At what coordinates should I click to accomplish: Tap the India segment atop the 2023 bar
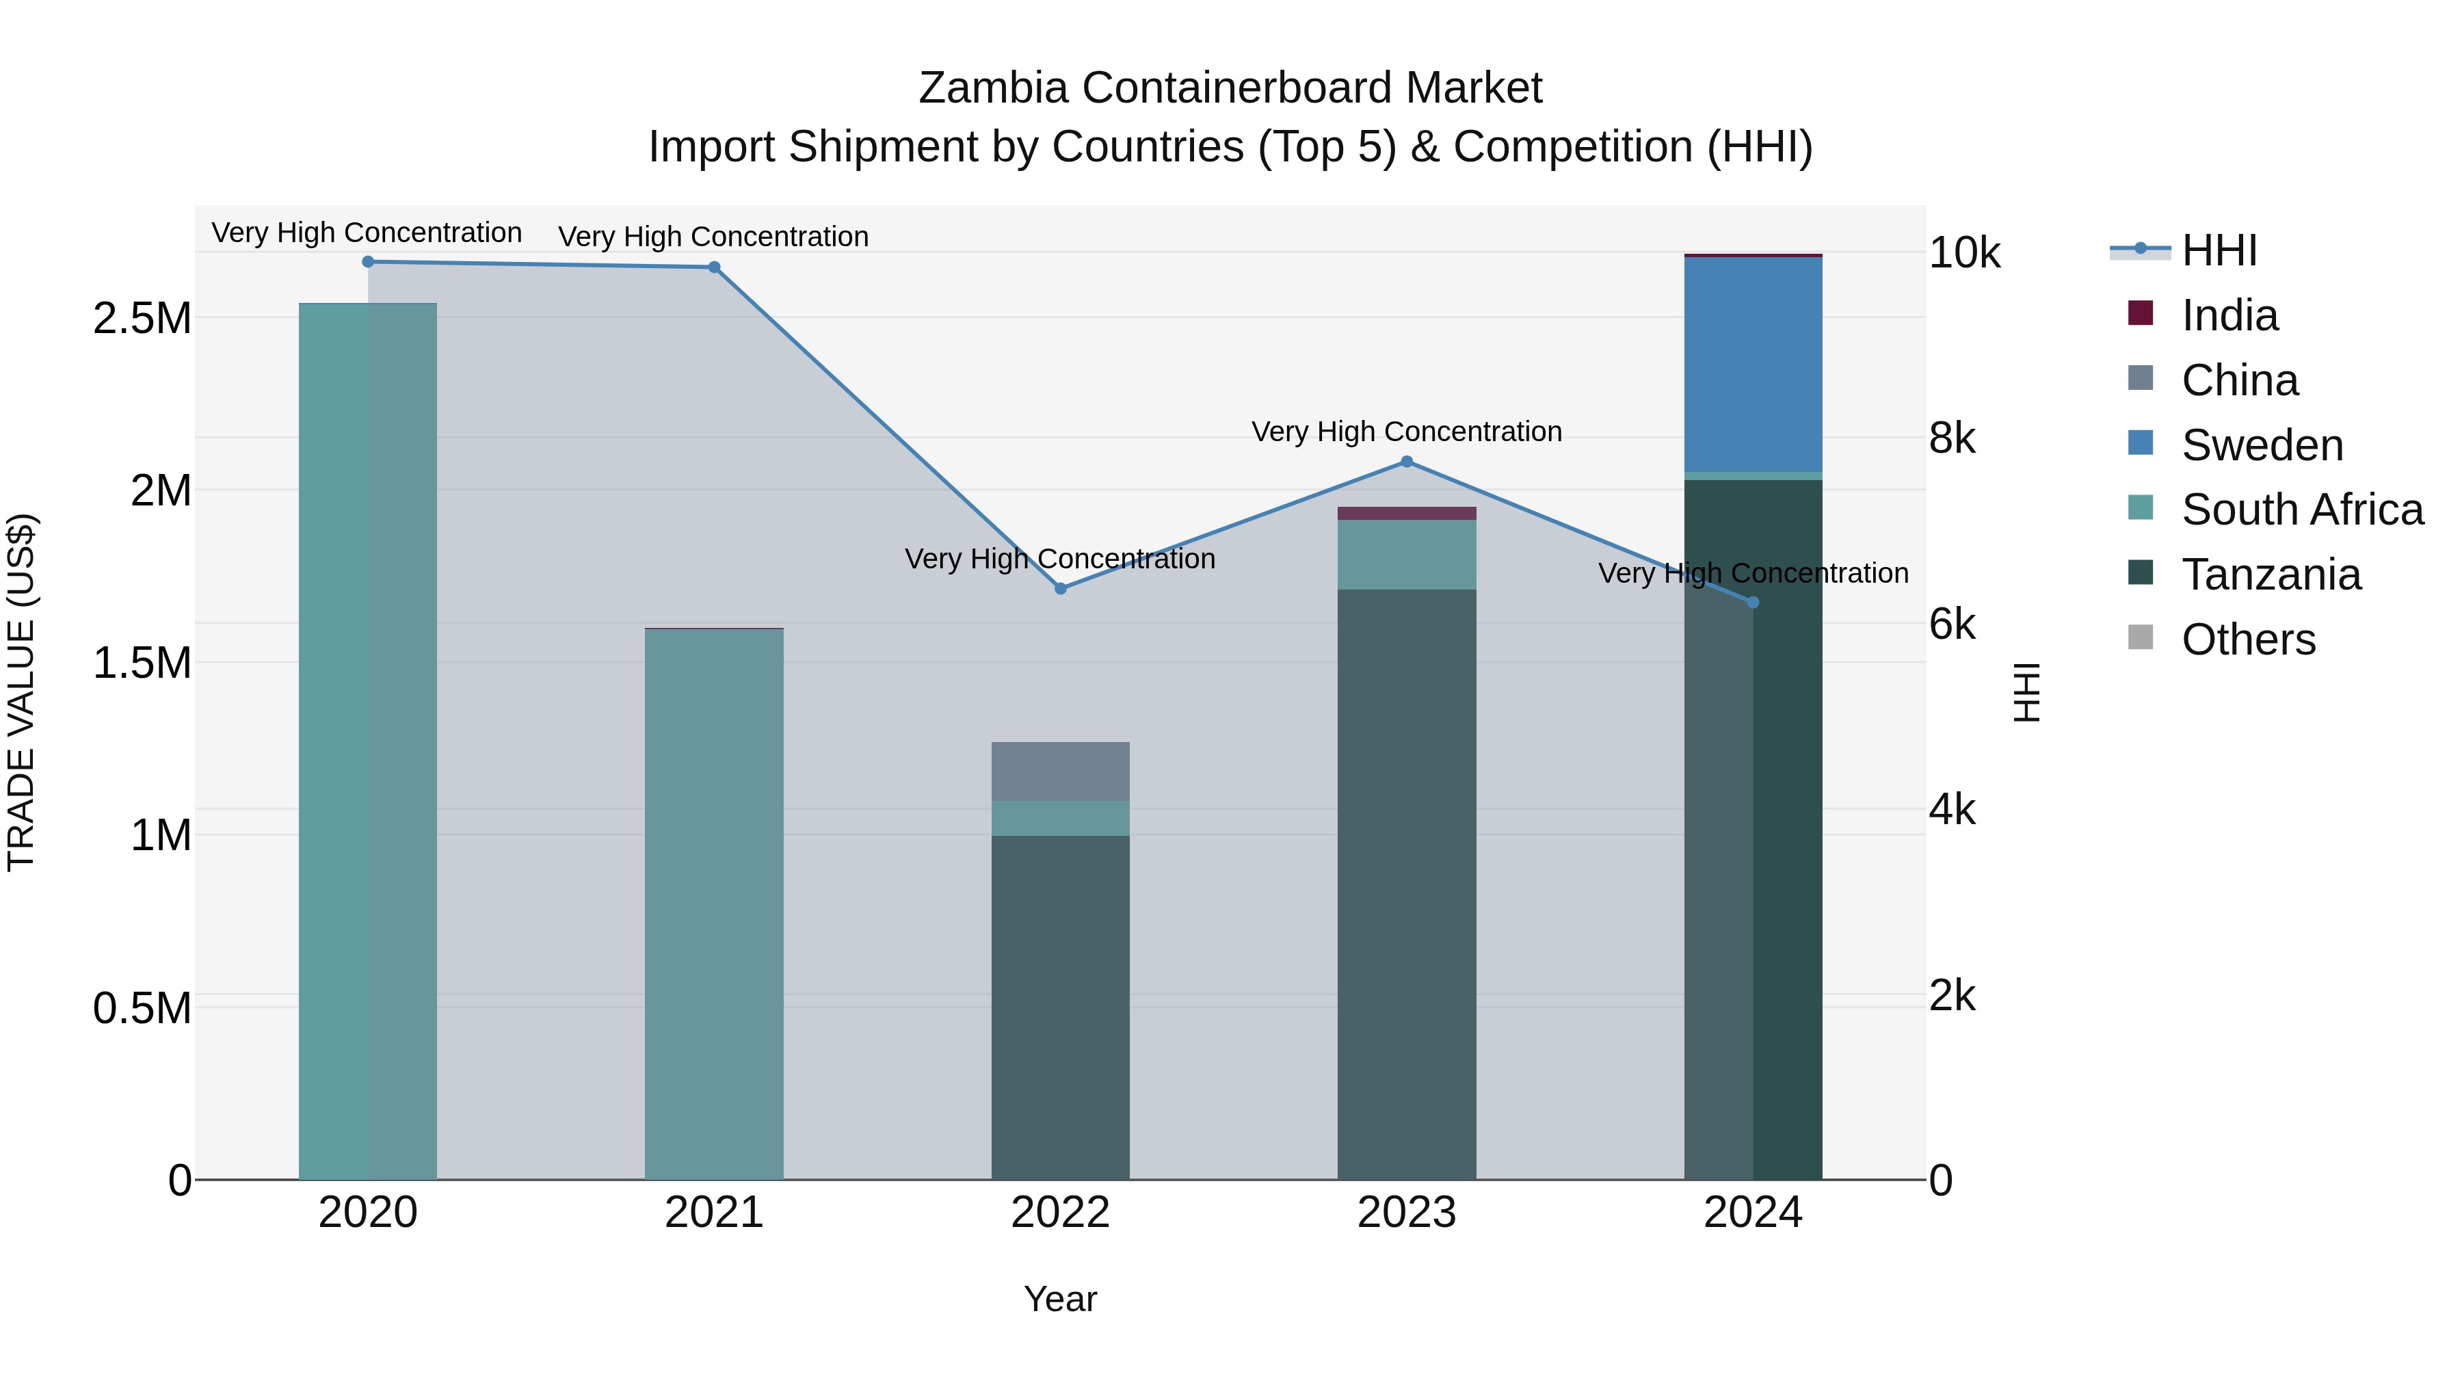(1406, 513)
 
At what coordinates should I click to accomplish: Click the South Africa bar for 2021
(714, 903)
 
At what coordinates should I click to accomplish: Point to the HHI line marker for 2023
(1406, 462)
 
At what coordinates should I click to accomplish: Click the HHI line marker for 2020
(368, 262)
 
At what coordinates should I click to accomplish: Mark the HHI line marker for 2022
(1060, 589)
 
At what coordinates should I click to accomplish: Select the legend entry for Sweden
(2262, 445)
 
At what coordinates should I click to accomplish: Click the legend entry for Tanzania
(2270, 575)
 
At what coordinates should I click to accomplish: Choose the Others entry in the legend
(2248, 639)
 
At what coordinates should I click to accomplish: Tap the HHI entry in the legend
(2219, 250)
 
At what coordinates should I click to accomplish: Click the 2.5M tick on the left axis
(142, 318)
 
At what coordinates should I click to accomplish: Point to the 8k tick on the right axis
(1952, 438)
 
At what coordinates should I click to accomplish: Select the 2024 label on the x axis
(1752, 1213)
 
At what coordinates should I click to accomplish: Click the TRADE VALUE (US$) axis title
(21, 692)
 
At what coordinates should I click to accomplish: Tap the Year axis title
(1060, 1299)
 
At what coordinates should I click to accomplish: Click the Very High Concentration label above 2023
(1406, 432)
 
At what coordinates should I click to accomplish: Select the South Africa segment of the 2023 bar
(1406, 555)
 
